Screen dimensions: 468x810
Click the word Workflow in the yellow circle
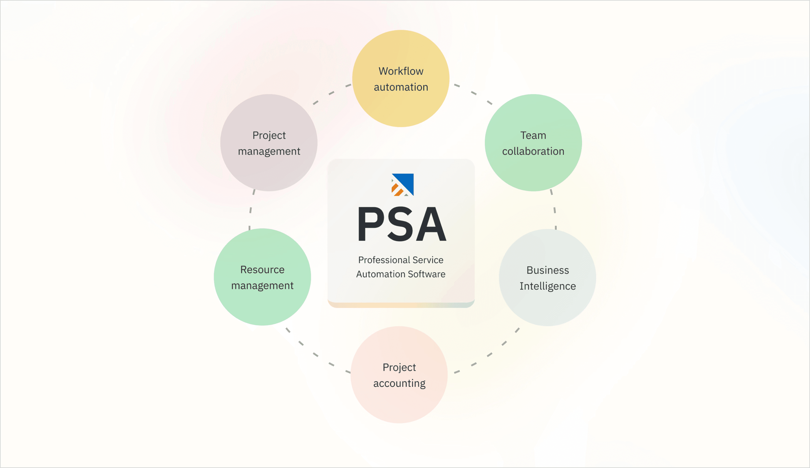401,71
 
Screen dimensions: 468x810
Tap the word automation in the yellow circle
401,87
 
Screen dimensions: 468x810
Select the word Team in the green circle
533,135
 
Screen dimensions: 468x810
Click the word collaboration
533,151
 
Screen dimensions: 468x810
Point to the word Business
548,270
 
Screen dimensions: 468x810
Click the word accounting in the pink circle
399,383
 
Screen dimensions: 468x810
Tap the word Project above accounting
399,367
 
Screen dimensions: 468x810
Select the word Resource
262,270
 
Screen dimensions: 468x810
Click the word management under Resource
262,286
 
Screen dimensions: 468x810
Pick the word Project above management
269,135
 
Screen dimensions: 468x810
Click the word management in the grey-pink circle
269,151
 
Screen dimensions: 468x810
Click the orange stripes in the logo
397,190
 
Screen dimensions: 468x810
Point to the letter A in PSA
431,224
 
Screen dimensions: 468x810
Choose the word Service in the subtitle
428,260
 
